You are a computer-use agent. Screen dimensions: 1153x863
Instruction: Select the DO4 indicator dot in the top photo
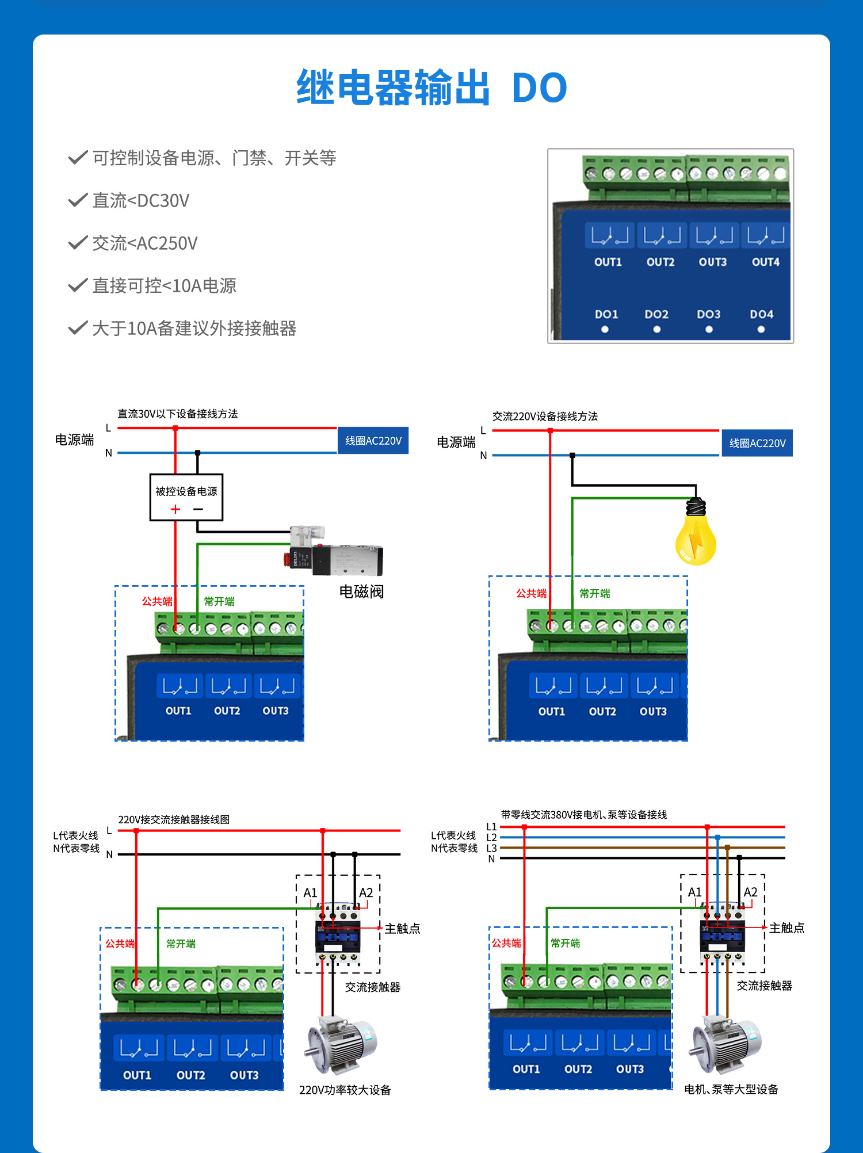tap(761, 329)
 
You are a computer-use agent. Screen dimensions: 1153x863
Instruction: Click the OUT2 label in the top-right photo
tap(660, 262)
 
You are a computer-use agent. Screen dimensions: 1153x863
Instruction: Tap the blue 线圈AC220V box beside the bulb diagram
tap(757, 443)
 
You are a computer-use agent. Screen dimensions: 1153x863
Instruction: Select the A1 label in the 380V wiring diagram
tap(694, 892)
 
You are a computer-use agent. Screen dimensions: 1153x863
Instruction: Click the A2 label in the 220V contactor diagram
tap(366, 892)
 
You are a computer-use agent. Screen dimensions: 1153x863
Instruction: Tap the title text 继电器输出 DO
tap(431, 88)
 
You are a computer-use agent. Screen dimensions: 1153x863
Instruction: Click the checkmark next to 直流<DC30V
tap(77, 200)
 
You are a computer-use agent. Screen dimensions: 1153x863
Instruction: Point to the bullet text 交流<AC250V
tap(144, 243)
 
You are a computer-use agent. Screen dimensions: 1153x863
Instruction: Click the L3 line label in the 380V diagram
tap(491, 848)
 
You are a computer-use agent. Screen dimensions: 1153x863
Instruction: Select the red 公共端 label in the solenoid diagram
tap(156, 601)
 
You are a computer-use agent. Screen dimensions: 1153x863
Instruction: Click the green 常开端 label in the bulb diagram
tap(594, 593)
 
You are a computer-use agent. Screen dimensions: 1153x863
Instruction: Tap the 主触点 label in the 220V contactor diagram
tap(402, 928)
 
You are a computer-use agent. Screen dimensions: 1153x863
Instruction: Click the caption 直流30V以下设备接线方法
tap(177, 414)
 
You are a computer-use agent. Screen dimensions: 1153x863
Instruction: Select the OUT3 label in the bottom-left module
tap(244, 1075)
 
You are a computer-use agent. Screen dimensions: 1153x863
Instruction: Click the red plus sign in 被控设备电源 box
tap(175, 509)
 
